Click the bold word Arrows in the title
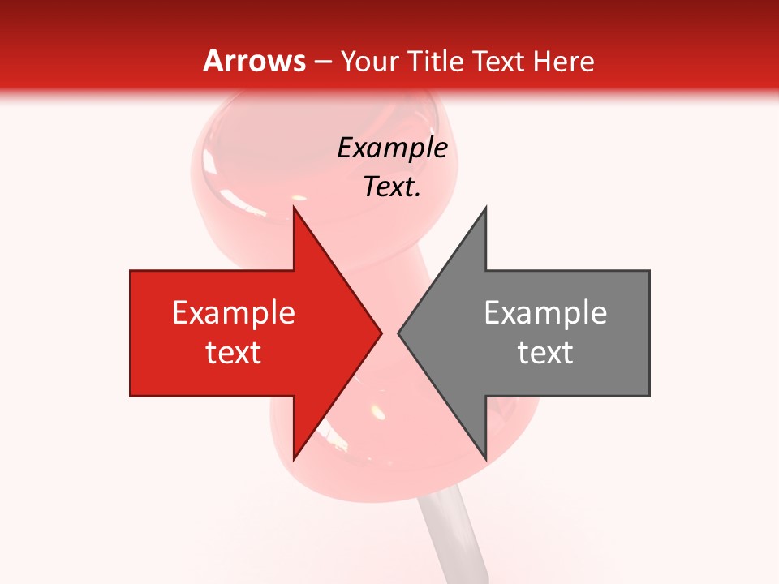(255, 61)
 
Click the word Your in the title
(370, 61)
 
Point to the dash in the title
(322, 62)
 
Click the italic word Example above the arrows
(392, 148)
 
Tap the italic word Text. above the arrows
(392, 187)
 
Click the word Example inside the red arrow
(234, 313)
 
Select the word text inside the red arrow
(234, 353)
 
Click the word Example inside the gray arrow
(545, 313)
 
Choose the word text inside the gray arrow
(545, 353)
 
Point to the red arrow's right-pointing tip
(381, 333)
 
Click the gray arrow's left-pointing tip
(399, 333)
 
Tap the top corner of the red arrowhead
(295, 208)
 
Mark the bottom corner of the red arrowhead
(295, 458)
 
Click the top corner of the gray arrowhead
(485, 208)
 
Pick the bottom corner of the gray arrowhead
(485, 458)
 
